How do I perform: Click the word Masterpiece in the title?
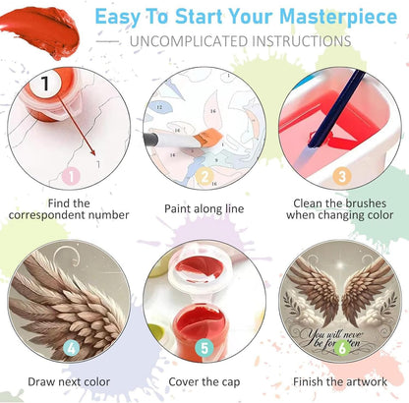(x=338, y=17)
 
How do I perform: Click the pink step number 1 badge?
(x=71, y=176)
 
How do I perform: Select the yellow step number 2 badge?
(x=204, y=176)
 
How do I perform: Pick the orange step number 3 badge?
(x=342, y=176)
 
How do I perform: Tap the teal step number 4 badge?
(x=71, y=348)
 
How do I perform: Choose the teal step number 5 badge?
(x=204, y=348)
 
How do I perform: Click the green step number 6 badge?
(x=342, y=348)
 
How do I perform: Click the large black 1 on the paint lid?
(x=45, y=84)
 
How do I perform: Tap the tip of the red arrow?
(x=95, y=155)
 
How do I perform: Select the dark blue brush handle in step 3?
(x=337, y=109)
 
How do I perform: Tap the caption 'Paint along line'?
(x=204, y=208)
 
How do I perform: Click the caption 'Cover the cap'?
(x=204, y=381)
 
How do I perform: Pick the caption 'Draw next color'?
(x=69, y=381)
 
